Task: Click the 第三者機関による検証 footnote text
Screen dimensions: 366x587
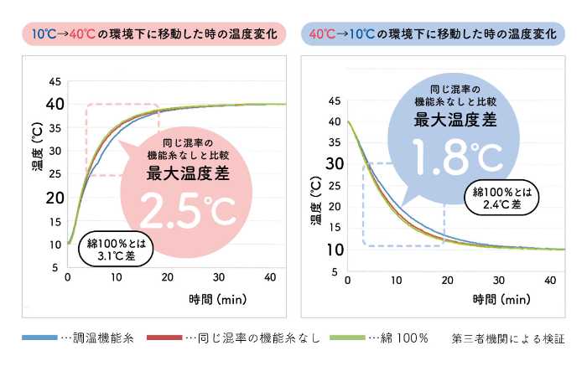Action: point(507,338)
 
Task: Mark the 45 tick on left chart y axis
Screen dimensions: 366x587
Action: point(55,81)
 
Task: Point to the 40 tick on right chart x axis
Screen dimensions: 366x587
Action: point(549,279)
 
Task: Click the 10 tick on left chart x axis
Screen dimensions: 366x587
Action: point(117,278)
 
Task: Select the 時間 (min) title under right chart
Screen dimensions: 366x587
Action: point(501,300)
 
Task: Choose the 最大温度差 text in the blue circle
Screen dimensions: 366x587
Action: point(455,119)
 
